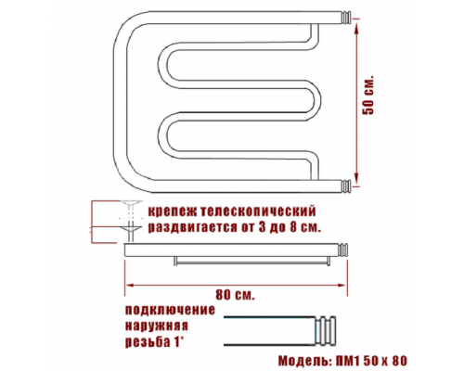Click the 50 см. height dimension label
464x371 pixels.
368,95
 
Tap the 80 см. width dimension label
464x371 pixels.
235,295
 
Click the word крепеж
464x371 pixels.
172,212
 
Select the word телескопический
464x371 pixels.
257,211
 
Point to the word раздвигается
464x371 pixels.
192,228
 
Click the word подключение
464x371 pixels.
170,310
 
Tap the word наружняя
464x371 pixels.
157,326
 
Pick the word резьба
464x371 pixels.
147,342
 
